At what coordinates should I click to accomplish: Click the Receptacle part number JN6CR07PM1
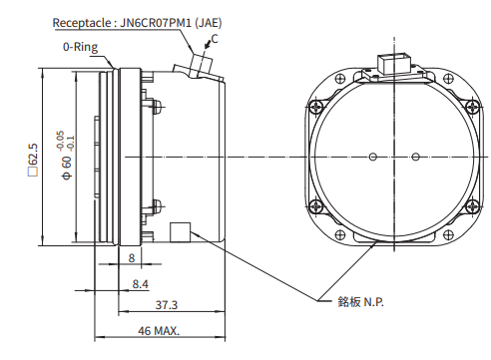click(x=156, y=23)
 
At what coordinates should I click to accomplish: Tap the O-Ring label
click(x=80, y=47)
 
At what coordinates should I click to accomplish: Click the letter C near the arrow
click(x=215, y=39)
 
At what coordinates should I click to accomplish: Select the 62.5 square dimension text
click(x=33, y=160)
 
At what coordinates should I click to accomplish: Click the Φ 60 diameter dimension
click(x=67, y=168)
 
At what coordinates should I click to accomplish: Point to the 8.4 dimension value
click(x=141, y=284)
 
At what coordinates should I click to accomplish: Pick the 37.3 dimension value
click(x=167, y=305)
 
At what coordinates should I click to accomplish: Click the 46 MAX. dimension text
click(x=159, y=331)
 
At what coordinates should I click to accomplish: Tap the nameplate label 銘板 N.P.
click(x=360, y=302)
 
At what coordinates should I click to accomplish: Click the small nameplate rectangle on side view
click(x=180, y=232)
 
